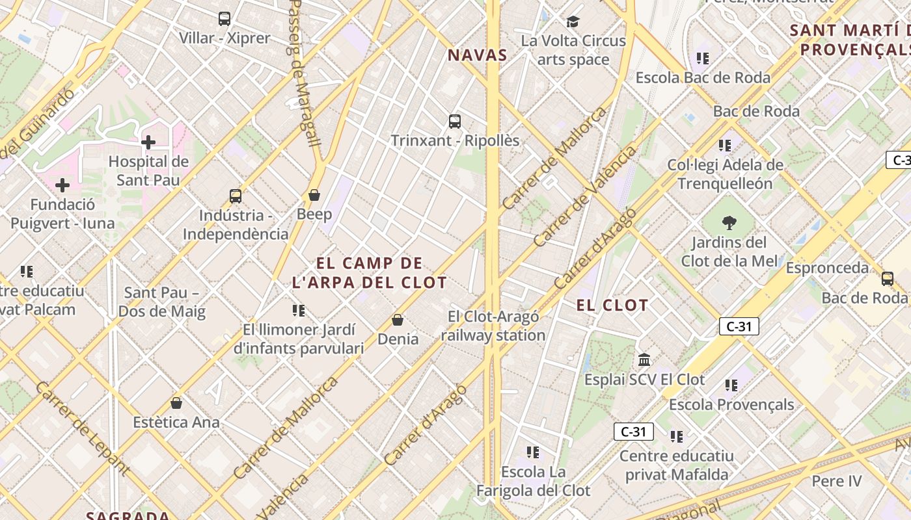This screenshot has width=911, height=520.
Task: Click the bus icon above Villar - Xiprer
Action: point(224,19)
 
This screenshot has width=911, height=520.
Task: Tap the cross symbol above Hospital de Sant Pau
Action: point(148,142)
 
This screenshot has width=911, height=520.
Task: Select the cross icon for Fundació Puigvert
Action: point(62,185)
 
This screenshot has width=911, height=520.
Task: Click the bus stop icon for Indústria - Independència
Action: point(236,196)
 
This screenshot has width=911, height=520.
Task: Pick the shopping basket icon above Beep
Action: point(314,195)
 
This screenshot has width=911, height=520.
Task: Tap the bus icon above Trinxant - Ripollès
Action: point(455,121)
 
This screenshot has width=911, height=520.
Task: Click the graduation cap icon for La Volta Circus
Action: point(573,21)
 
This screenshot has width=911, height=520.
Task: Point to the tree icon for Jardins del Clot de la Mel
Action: point(729,223)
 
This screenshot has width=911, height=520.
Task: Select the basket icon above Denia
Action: point(398,320)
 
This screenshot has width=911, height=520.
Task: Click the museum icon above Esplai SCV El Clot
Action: point(644,359)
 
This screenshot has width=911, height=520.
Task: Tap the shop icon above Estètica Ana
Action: point(176,403)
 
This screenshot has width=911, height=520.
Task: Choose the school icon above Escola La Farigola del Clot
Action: point(533,452)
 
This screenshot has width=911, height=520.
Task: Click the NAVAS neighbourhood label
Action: point(478,55)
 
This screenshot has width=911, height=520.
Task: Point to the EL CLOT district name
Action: point(612,305)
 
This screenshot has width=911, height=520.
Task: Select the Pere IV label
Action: point(837,482)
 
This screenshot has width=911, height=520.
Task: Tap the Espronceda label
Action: point(827,268)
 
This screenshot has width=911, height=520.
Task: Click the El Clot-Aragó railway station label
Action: point(493,326)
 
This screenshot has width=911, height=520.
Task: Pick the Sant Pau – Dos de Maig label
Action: point(162,302)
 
